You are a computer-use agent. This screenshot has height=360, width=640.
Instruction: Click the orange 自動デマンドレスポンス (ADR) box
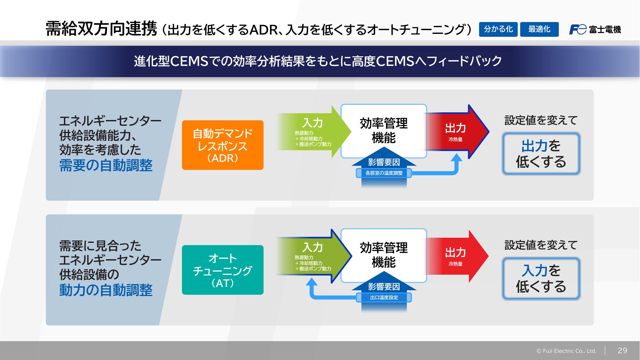223,145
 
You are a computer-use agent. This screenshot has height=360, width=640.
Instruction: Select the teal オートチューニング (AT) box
223,270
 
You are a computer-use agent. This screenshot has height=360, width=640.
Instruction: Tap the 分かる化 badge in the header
498,29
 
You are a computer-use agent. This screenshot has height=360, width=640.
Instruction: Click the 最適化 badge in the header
539,29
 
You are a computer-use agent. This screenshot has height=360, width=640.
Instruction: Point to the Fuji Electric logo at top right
595,29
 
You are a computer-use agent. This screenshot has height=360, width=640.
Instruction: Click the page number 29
622,350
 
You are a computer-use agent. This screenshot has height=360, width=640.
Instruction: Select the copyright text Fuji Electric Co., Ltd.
566,351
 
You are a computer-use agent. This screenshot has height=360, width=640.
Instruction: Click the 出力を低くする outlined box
541,154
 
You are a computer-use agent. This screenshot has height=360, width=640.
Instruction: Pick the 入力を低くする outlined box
541,278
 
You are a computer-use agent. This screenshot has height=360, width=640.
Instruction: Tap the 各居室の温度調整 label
384,173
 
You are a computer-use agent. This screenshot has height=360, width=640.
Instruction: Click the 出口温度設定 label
384,298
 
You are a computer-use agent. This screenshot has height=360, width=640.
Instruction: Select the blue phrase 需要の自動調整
106,165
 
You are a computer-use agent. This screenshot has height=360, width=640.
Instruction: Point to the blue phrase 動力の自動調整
106,290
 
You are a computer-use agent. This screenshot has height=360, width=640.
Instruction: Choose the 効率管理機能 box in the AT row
383,255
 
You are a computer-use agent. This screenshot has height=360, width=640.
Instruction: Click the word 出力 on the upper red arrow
455,128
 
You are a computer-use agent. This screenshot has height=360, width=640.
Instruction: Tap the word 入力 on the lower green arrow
312,247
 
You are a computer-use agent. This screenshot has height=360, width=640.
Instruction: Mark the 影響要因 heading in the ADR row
384,162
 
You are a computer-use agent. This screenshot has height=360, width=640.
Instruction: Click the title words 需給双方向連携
101,29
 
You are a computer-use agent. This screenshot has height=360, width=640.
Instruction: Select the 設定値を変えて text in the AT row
541,245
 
